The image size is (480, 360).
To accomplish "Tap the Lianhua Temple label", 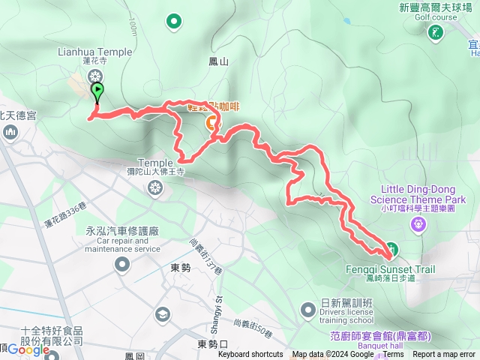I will [x=94, y=52].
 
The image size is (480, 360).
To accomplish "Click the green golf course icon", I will [x=435, y=32].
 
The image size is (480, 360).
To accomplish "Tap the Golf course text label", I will [x=436, y=16].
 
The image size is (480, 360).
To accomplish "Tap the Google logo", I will [x=28, y=349].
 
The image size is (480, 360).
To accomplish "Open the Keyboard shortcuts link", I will [x=250, y=355].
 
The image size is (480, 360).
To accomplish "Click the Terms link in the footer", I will [x=393, y=355].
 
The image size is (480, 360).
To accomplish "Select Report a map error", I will [x=444, y=355].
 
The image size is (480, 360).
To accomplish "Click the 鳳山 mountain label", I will [x=219, y=62].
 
